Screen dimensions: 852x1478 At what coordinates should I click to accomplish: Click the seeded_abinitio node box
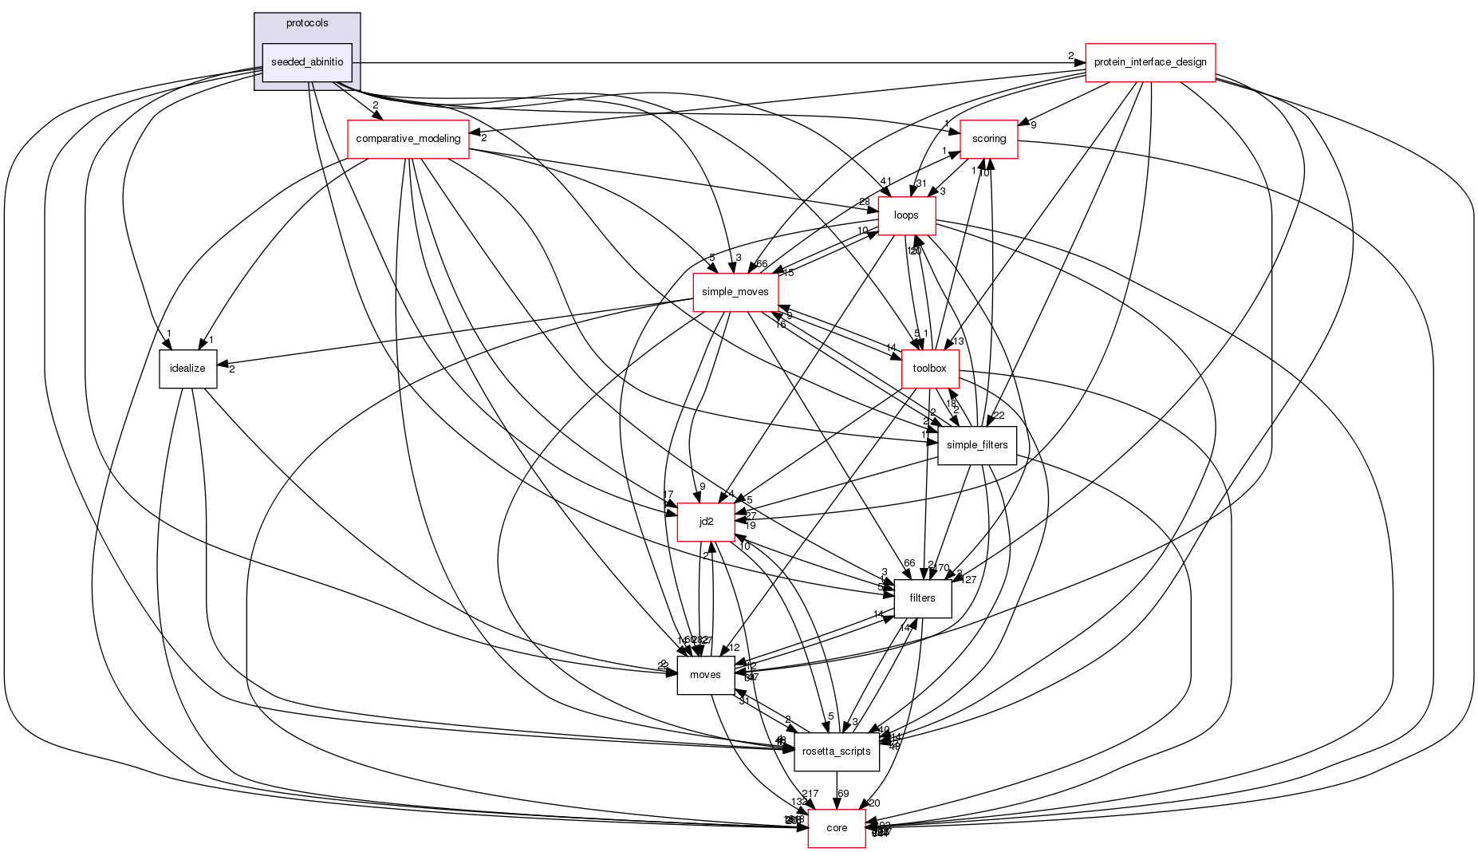(307, 62)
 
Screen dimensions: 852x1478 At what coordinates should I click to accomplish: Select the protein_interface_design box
(1149, 62)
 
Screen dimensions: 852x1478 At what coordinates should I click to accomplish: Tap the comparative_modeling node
(408, 139)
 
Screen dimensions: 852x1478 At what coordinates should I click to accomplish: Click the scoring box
(988, 139)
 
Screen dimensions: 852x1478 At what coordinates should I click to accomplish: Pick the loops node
(906, 215)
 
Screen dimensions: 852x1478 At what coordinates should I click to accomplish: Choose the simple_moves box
(735, 292)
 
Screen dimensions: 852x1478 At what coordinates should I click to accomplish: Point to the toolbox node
(929, 369)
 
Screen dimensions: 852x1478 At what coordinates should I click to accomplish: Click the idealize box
(187, 369)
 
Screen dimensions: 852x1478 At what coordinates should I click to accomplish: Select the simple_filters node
(976, 445)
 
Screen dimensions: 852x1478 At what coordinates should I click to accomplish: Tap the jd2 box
(706, 522)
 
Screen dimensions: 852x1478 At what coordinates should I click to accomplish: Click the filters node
(922, 598)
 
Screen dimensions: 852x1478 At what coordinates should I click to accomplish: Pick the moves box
(705, 675)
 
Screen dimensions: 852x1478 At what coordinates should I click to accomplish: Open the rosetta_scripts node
(836, 751)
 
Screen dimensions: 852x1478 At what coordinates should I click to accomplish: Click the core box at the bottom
(837, 828)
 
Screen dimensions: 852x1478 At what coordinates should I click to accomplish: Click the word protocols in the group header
(307, 23)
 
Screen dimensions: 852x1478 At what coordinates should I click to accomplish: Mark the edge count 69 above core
(844, 794)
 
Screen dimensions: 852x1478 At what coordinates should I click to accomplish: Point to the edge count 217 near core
(810, 794)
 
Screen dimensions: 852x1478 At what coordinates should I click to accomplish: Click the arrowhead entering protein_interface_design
(1080, 62)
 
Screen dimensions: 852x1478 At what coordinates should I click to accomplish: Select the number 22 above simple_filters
(999, 415)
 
